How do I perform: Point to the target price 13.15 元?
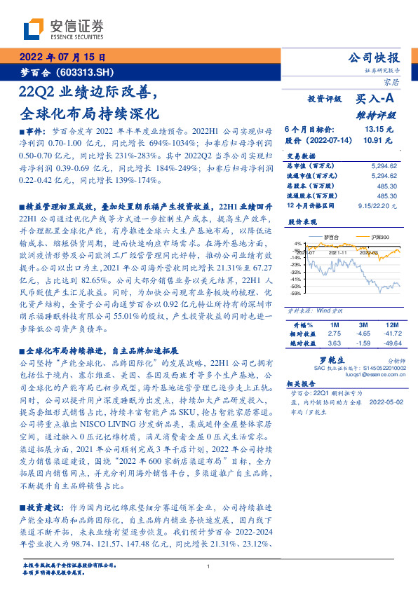click(379, 130)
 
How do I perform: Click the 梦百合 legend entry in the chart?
click(323, 238)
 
